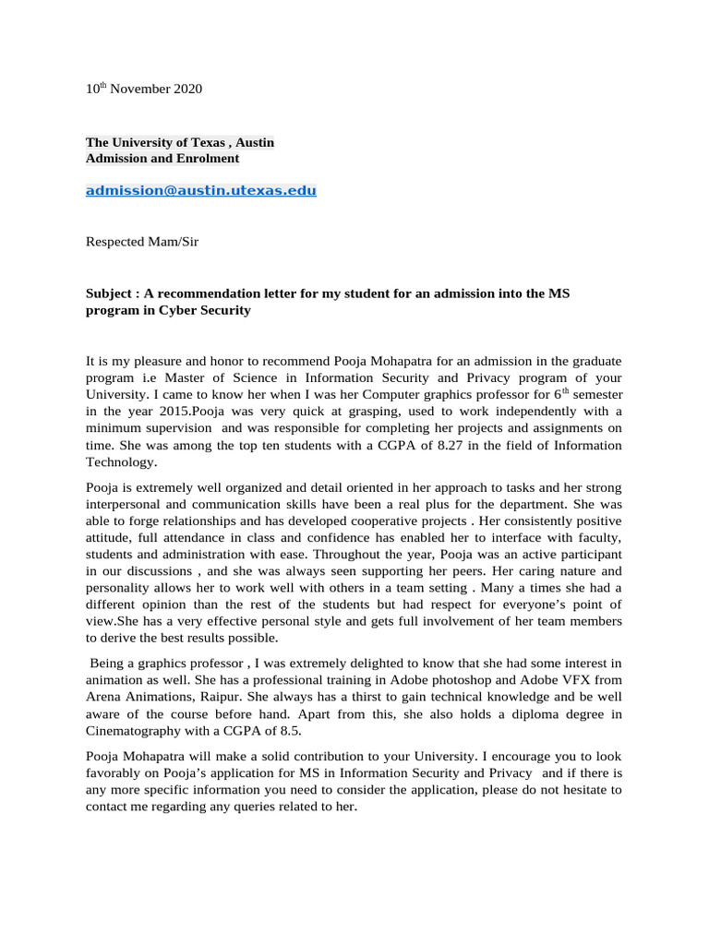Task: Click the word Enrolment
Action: (205, 159)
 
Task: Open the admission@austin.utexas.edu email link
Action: (201, 191)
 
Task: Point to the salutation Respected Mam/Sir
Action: (141, 243)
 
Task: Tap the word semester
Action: (595, 396)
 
